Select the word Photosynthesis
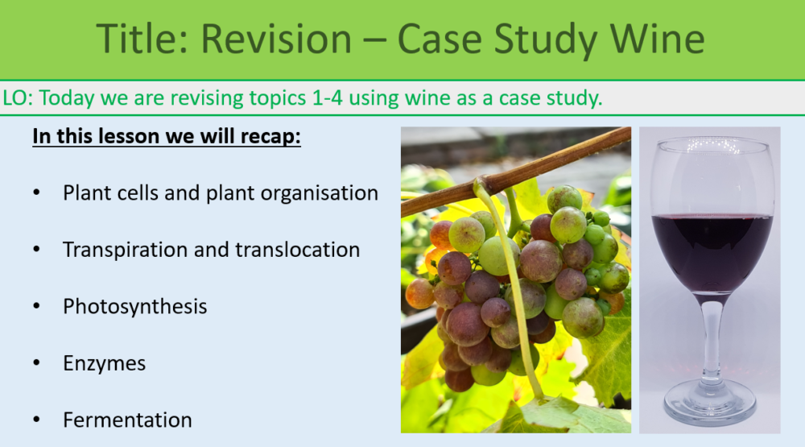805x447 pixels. point(134,307)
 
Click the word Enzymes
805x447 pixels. point(104,363)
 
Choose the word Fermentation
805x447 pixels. point(127,420)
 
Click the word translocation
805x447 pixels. point(297,250)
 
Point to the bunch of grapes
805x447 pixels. point(515,282)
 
